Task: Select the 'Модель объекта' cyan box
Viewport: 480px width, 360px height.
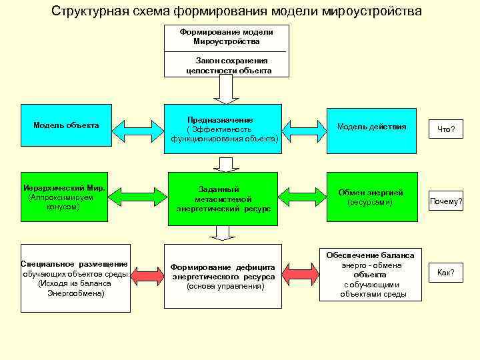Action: tap(66, 125)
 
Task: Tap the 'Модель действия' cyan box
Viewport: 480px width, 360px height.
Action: tap(371, 126)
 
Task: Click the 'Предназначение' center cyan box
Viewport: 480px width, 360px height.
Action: tap(225, 125)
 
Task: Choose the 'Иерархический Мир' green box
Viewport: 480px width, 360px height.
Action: tap(63, 197)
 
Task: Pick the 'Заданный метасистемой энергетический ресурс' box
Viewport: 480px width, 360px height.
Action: tap(223, 198)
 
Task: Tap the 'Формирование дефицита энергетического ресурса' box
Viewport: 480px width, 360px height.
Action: tap(225, 275)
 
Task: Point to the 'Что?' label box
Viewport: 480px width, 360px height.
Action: tap(446, 129)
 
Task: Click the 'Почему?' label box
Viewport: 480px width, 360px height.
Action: tap(446, 201)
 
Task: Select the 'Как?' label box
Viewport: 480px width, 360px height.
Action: tap(445, 272)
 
